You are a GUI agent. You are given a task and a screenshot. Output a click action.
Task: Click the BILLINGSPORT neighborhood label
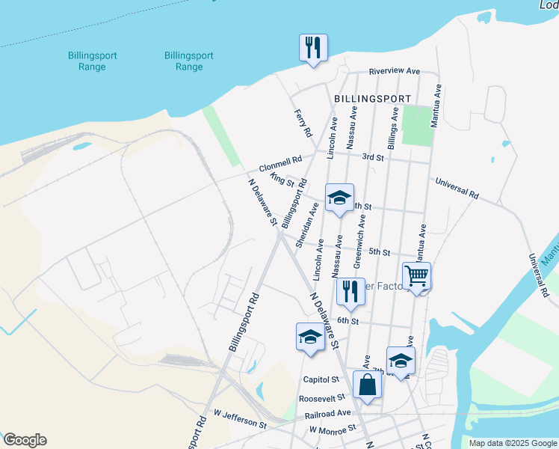click(372, 99)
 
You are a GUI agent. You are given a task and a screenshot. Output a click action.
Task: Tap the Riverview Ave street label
click(395, 71)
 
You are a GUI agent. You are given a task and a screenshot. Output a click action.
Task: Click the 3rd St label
click(372, 158)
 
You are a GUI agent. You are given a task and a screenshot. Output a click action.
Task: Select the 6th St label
click(348, 320)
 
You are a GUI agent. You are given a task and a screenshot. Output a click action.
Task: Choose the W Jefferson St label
click(239, 418)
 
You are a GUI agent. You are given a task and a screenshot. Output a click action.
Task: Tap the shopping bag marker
click(367, 385)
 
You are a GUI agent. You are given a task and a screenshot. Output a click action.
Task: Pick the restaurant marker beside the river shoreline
click(312, 48)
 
